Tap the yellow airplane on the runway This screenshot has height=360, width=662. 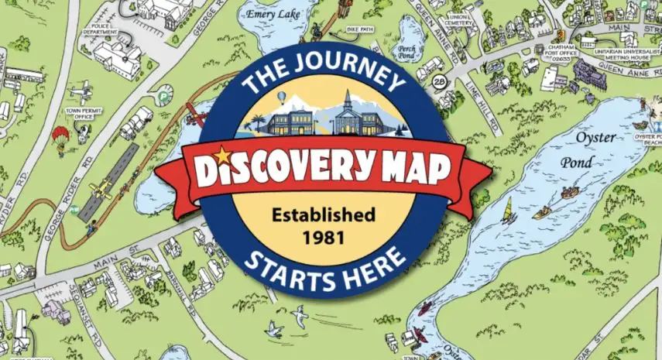point(99,188)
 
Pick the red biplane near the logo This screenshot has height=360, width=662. point(197,118)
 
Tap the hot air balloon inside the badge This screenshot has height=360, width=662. point(283,97)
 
